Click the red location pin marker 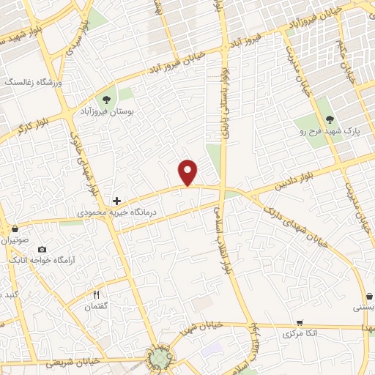[x=189, y=173]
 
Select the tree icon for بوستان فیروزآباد [x=107, y=100]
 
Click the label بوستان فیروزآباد [x=107, y=114]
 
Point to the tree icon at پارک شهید [x=329, y=119]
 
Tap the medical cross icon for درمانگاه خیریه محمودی [x=116, y=200]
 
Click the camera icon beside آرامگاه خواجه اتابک [x=41, y=249]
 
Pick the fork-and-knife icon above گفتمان [x=96, y=294]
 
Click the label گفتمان [x=96, y=306]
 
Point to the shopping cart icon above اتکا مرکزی [x=299, y=322]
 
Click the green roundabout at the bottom [x=160, y=358]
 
